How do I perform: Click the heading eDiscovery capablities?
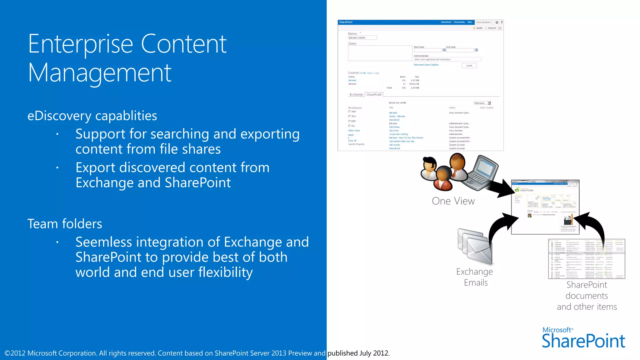click(x=92, y=116)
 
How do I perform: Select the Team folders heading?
click(x=65, y=224)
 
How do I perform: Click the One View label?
click(x=453, y=201)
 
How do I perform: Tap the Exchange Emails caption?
click(x=475, y=277)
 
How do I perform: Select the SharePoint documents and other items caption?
click(x=587, y=296)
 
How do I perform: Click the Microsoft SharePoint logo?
click(x=583, y=337)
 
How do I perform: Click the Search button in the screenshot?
click(x=469, y=66)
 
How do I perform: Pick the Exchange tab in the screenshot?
click(x=356, y=94)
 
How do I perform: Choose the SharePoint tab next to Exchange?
click(x=374, y=94)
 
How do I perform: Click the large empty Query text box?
click(x=380, y=53)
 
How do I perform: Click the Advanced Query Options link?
click(x=426, y=65)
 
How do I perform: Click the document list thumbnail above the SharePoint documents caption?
click(x=587, y=259)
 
